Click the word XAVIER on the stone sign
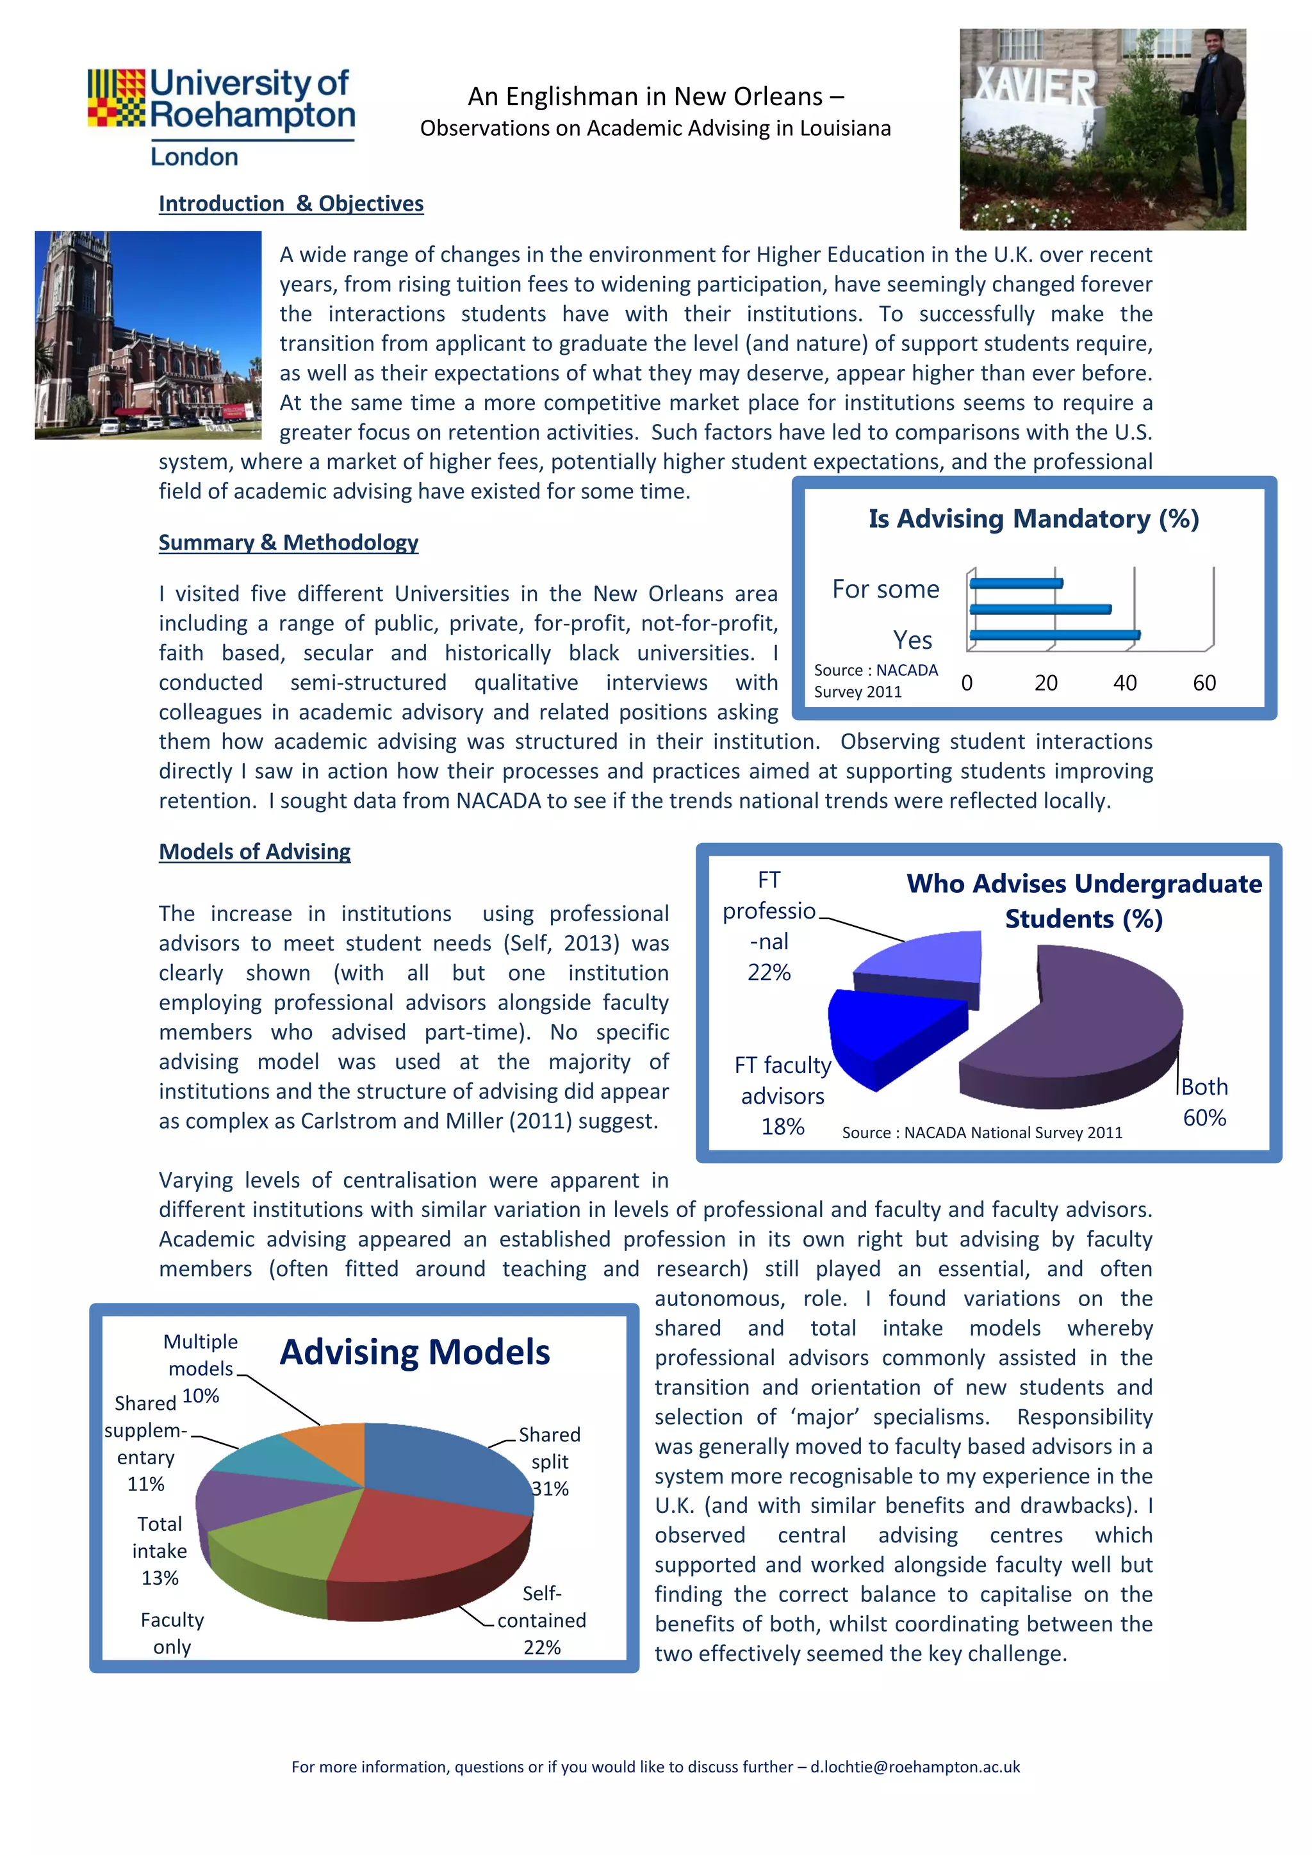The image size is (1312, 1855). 1035,86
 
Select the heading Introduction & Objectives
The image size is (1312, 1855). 291,204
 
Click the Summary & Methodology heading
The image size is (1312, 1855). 288,542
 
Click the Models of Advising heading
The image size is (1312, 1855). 254,851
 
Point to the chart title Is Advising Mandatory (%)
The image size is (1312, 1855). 1033,519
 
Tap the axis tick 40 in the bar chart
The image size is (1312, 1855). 1124,683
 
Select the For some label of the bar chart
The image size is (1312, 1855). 885,589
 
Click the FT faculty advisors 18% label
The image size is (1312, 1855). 782,1095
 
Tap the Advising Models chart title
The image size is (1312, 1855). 414,1352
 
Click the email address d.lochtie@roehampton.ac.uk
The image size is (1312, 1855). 915,1767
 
